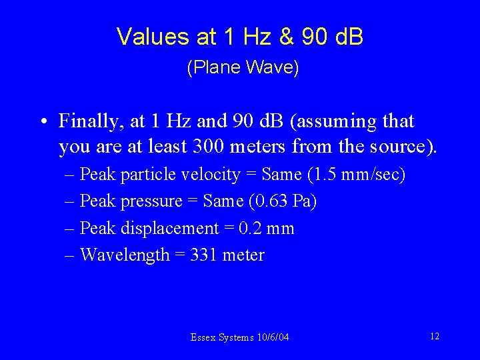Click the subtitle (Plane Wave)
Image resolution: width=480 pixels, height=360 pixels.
[243, 68]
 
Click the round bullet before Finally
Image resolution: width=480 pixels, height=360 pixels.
[42, 123]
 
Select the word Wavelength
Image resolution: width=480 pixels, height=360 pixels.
[124, 255]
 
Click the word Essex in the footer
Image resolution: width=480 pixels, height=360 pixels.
[203, 337]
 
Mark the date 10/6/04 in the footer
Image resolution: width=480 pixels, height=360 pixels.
[272, 337]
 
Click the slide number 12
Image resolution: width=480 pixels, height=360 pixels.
[435, 336]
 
